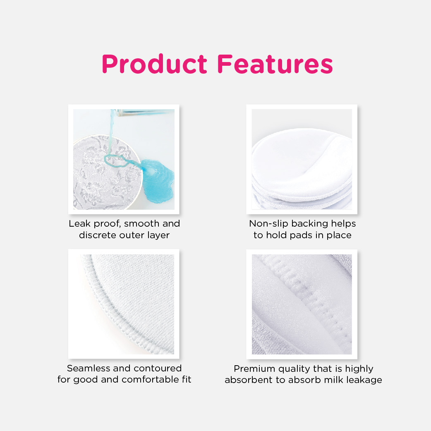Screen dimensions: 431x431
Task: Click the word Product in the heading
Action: [154, 64]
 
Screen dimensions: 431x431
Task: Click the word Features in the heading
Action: [275, 64]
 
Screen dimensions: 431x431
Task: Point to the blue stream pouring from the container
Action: [112, 132]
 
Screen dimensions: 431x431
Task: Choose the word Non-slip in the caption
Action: [268, 224]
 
